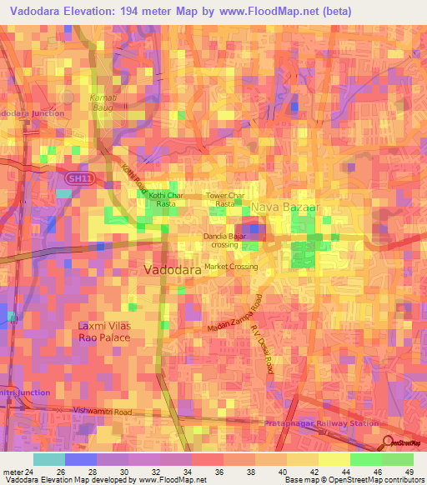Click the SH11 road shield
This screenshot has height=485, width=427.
tap(78, 178)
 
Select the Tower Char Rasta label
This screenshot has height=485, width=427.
tap(225, 200)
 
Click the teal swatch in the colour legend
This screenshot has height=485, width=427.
tap(48, 459)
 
